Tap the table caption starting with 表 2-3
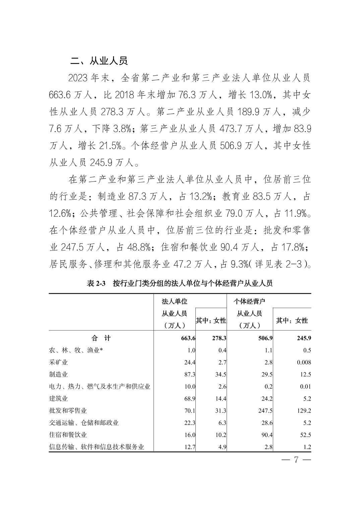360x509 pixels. point(180,284)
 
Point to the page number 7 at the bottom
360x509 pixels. point(296,459)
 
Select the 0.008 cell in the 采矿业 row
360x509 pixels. point(304,362)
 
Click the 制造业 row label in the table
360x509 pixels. point(59,374)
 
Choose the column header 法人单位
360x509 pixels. point(174,302)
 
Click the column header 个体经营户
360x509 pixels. point(249,302)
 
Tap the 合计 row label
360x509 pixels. point(101,338)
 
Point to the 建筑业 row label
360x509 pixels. point(59,398)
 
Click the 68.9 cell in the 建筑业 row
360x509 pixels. point(190,398)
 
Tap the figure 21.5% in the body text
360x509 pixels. point(110,146)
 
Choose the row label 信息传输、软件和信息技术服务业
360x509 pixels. point(97,447)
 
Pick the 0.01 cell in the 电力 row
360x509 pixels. point(305,386)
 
